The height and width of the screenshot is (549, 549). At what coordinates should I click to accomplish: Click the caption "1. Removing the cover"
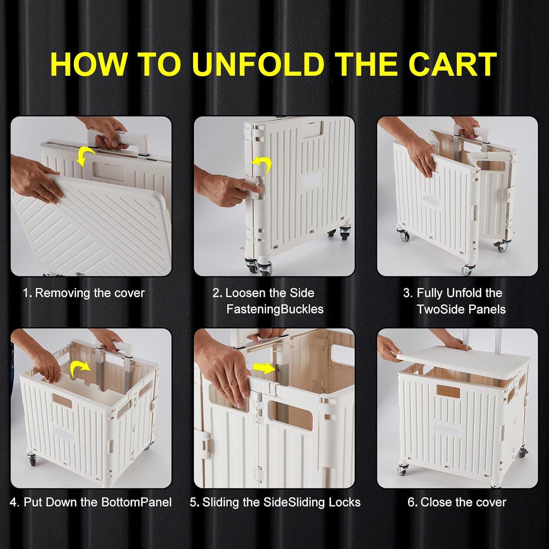84,293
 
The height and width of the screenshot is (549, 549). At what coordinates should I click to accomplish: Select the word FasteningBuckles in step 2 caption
275,309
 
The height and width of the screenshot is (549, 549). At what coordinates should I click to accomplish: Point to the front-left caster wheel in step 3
403,235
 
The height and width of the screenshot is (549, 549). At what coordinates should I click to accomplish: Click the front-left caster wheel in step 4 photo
31,460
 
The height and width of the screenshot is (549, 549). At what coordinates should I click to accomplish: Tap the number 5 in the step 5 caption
193,502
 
